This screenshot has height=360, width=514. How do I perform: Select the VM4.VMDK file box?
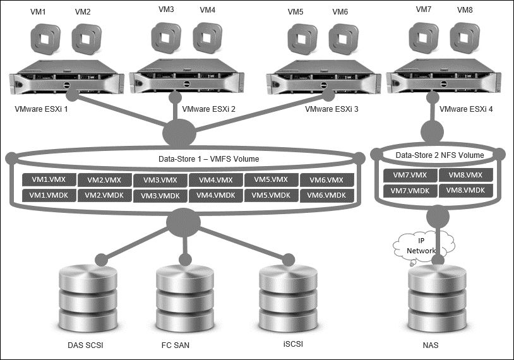click(x=215, y=195)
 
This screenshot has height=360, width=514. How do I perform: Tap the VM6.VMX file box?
click(x=326, y=180)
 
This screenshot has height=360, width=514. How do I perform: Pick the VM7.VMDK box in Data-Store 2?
click(x=410, y=190)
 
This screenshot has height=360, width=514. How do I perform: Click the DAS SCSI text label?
click(x=88, y=345)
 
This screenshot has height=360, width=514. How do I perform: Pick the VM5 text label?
click(x=296, y=11)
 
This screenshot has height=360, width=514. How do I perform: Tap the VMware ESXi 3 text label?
click(x=332, y=109)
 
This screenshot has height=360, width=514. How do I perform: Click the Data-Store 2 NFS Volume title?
click(x=439, y=155)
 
